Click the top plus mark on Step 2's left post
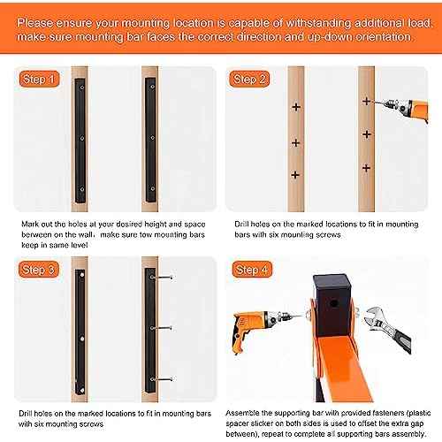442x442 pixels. [x=296, y=106]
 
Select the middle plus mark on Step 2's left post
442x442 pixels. [x=296, y=141]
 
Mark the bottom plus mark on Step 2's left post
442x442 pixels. [x=296, y=175]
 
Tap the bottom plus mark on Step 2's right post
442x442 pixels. [x=365, y=166]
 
